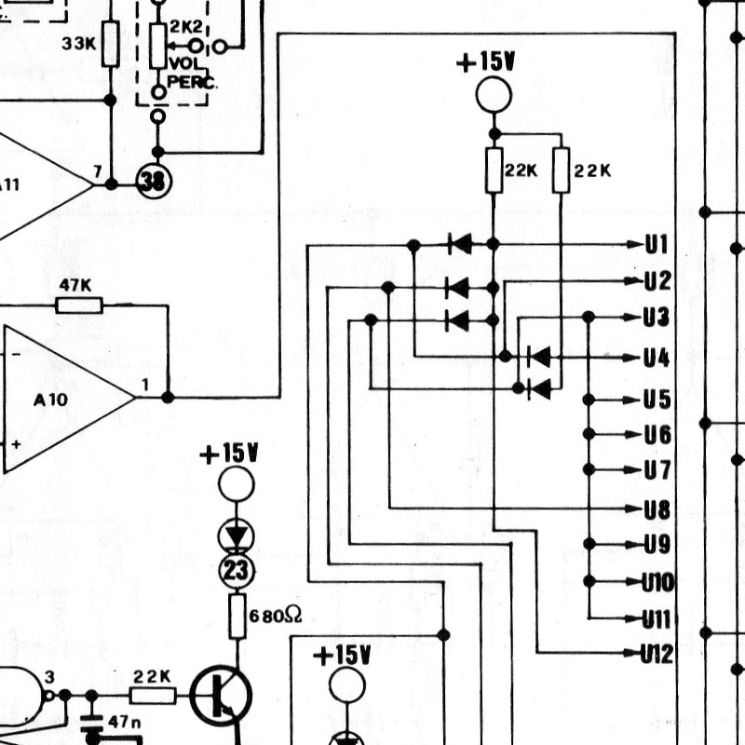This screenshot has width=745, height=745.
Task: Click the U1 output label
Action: click(x=657, y=245)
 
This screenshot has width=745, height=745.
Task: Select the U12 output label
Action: click(x=657, y=655)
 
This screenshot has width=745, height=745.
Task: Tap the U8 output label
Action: click(x=657, y=509)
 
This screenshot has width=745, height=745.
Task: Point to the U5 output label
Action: click(x=657, y=400)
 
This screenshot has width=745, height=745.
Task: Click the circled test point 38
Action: click(x=154, y=182)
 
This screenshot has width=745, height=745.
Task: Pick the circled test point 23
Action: click(x=237, y=571)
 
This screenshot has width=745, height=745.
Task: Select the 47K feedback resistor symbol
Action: click(x=79, y=305)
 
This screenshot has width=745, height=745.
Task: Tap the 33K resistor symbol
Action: click(x=110, y=44)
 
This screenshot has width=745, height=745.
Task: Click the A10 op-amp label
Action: click(x=51, y=400)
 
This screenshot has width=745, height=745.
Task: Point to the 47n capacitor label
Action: click(x=125, y=723)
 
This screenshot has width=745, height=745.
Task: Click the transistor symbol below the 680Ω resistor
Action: click(x=221, y=696)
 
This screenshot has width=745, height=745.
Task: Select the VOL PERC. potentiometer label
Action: click(x=192, y=73)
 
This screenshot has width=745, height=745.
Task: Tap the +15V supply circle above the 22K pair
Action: click(x=494, y=95)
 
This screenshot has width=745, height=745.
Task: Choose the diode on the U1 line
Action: click(x=459, y=245)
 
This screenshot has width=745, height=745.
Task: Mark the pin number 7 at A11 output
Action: click(x=98, y=172)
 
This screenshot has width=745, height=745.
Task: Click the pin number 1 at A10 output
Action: click(x=145, y=385)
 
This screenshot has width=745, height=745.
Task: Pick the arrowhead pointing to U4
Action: click(x=633, y=358)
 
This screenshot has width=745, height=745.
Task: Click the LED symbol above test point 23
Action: click(x=237, y=537)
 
